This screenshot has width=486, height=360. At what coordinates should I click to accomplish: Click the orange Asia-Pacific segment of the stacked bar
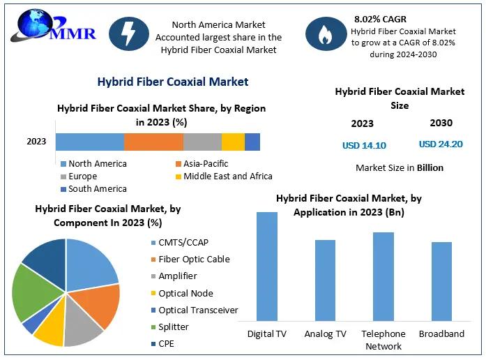(153, 142)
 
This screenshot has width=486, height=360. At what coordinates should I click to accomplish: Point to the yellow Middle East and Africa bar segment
(233, 142)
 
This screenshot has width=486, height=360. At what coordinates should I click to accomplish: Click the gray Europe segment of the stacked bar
(202, 142)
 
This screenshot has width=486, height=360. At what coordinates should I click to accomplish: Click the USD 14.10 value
(364, 145)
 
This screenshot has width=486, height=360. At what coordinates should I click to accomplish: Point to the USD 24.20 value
(441, 144)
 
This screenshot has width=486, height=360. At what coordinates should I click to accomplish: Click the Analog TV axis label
(325, 333)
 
